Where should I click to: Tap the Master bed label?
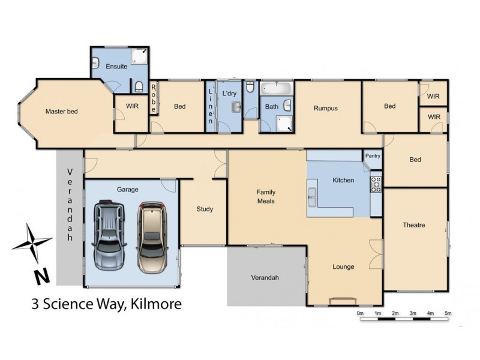click(x=62, y=111)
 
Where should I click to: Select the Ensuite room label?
click(x=116, y=67)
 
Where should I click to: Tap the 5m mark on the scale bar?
click(x=448, y=313)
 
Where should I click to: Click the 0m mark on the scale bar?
click(x=360, y=313)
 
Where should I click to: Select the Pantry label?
click(x=373, y=156)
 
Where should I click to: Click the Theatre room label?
click(x=414, y=225)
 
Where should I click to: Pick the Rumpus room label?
click(x=326, y=109)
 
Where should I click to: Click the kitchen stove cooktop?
click(x=376, y=183)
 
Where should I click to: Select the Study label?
click(x=205, y=209)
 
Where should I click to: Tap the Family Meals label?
click(x=266, y=196)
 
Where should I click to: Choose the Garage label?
click(x=127, y=190)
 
